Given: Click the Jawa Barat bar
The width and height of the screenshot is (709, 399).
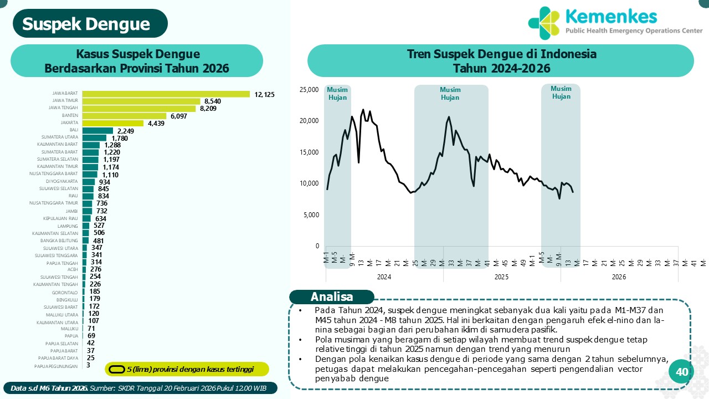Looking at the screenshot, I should click(166, 94).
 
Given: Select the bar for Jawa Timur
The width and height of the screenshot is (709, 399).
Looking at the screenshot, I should click(141, 101).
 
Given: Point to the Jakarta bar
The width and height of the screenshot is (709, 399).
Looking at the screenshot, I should click(113, 123).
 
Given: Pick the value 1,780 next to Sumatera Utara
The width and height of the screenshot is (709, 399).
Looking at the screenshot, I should click(120, 138).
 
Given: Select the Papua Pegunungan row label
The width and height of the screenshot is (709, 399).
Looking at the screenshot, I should click(56, 366).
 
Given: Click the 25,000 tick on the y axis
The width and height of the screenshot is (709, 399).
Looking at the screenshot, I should click(309, 89).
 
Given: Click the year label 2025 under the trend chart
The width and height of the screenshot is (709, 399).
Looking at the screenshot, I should click(501, 277).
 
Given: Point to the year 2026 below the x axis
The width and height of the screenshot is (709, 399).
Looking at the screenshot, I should click(619, 277).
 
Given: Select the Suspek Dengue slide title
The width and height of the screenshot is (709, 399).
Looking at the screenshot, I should click(86, 24).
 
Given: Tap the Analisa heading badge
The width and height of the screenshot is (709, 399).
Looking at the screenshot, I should click(332, 296).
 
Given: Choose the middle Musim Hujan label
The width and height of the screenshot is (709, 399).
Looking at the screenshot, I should click(450, 94).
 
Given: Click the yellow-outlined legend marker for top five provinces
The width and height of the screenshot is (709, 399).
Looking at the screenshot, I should click(116, 369).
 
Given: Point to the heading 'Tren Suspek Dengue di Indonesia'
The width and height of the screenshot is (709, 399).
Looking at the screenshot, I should click(501, 54).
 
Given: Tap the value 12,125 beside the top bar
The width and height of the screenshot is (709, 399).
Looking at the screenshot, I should click(264, 95).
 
